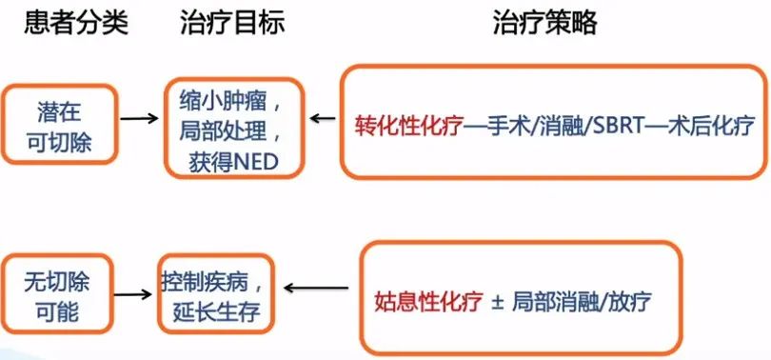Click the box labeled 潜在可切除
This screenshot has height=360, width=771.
(x=61, y=120)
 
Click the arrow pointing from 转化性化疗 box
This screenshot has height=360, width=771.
(x=322, y=120)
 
